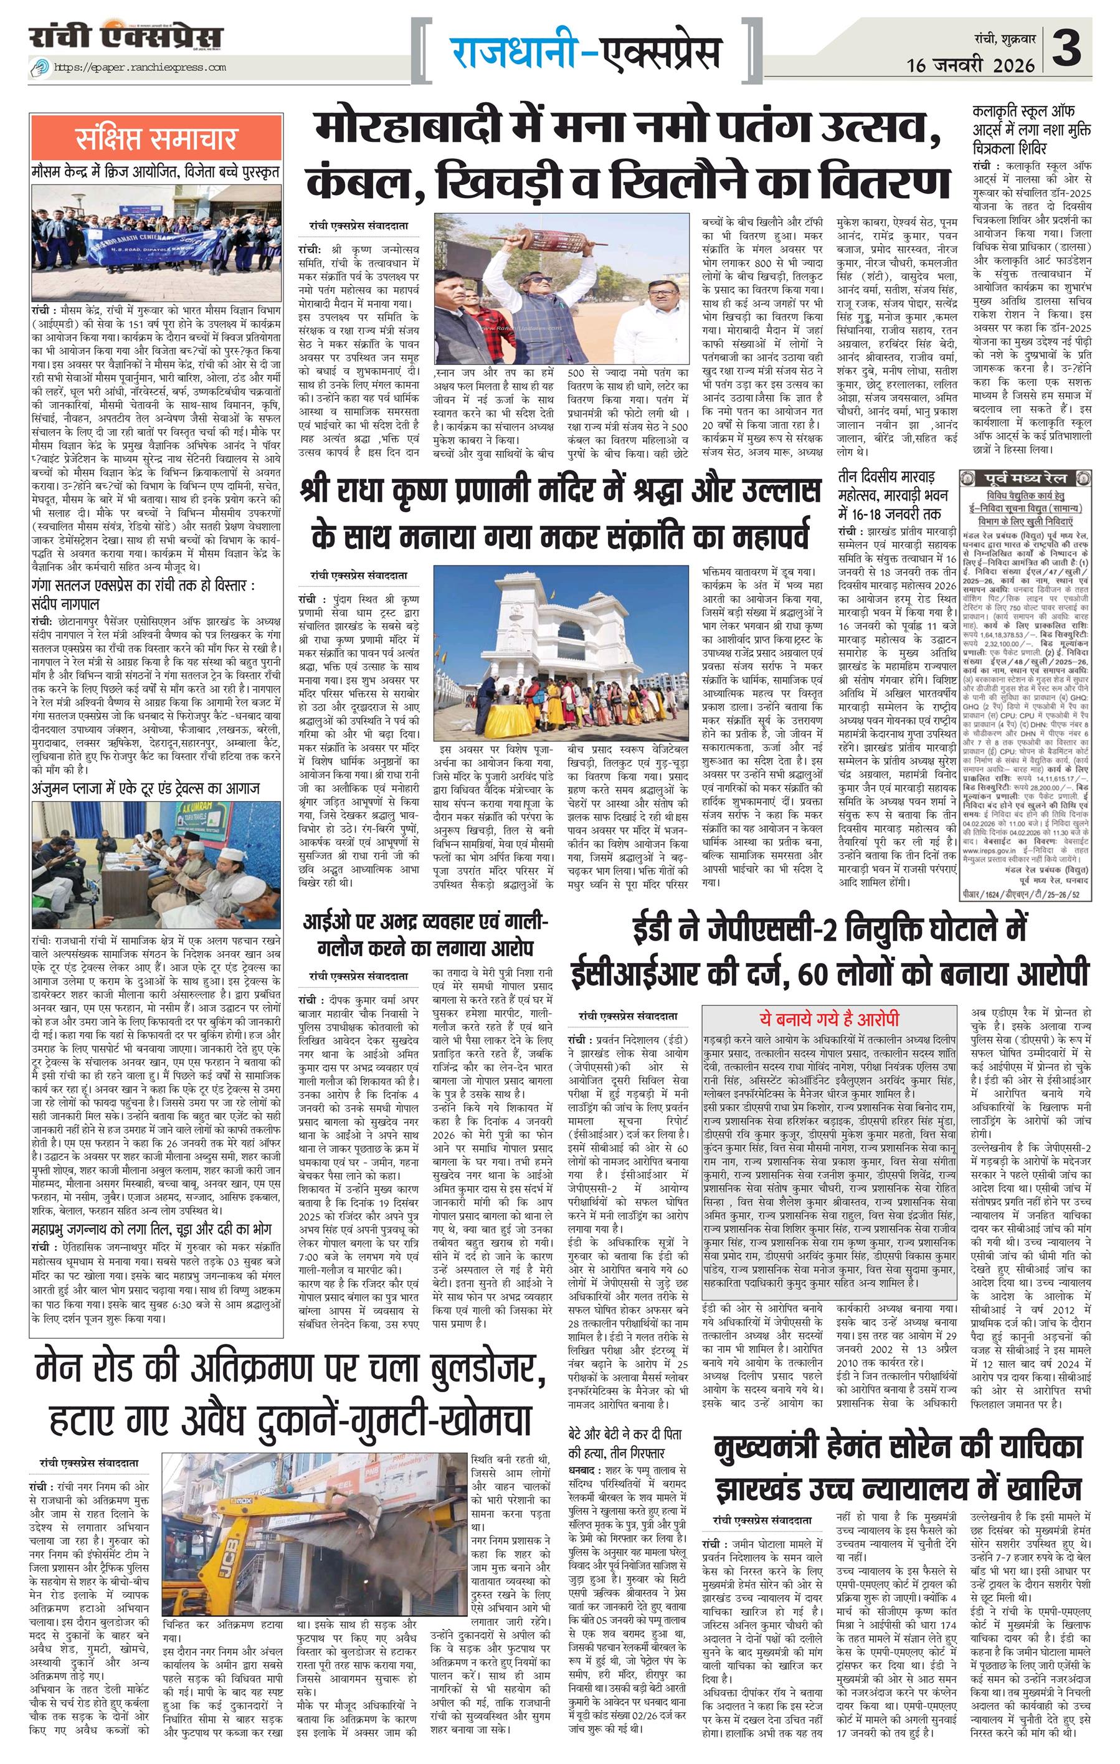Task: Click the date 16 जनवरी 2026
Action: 970,65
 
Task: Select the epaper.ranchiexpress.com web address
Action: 139,67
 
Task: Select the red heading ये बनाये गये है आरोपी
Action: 828,1018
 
